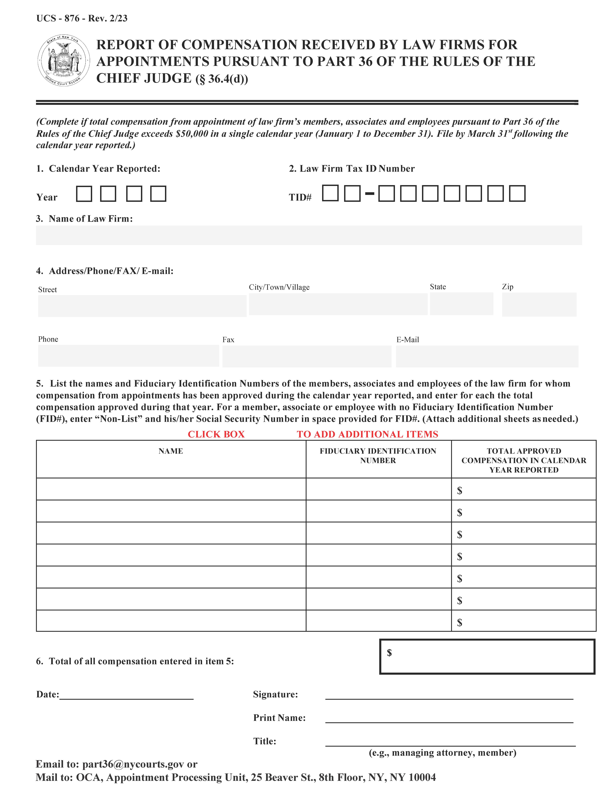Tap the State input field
[x=461, y=304]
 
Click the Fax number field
[x=307, y=356]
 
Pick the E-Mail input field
[x=487, y=356]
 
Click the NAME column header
[x=171, y=451]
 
